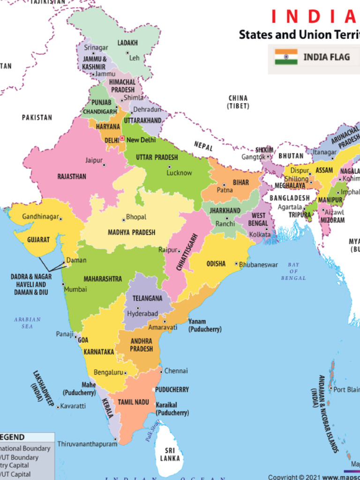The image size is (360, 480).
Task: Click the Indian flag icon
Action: pyautogui.click(x=286, y=57)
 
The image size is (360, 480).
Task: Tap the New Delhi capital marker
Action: pyautogui.click(x=122, y=139)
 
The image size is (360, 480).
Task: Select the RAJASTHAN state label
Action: pyautogui.click(x=72, y=177)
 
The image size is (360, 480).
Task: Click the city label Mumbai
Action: pyautogui.click(x=75, y=289)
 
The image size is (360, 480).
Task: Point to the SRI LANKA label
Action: pyautogui.click(x=170, y=455)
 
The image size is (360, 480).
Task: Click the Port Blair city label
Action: pyautogui.click(x=347, y=389)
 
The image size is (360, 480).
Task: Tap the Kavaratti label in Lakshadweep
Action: pyautogui.click(x=73, y=406)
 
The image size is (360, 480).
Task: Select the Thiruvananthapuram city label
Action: pyautogui.click(x=87, y=443)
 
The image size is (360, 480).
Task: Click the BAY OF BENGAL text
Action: pyautogui.click(x=293, y=271)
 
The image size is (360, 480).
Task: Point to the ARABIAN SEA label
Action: pyautogui.click(x=27, y=322)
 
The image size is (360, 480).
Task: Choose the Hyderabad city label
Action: pyautogui.click(x=143, y=313)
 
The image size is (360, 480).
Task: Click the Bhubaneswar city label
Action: pyautogui.click(x=258, y=265)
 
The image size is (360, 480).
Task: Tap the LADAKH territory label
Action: pyautogui.click(x=127, y=43)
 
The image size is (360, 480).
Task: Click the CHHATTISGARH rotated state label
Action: pyautogui.click(x=187, y=252)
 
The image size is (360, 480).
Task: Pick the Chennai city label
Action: pyautogui.click(x=176, y=371)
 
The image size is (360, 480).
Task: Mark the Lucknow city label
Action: pyautogui.click(x=179, y=173)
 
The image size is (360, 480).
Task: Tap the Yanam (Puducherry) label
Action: pyautogui.click(x=205, y=325)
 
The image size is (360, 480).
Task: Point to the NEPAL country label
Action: pyautogui.click(x=203, y=146)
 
